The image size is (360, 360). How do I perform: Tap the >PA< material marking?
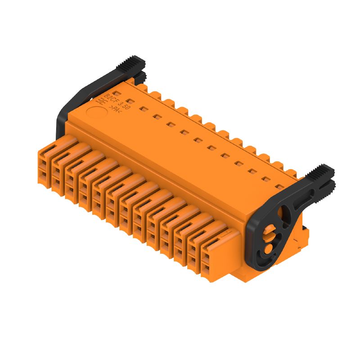click(115, 109)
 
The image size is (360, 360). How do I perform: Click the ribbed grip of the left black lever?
click(131, 63)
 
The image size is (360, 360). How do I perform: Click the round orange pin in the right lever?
click(268, 248)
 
